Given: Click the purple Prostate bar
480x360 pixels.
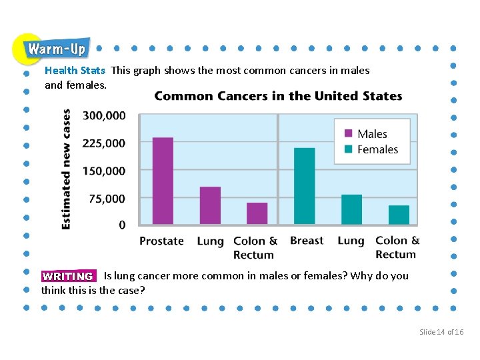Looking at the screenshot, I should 163,181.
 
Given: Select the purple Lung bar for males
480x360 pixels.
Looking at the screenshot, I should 210,205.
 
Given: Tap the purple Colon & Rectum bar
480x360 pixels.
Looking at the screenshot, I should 257,213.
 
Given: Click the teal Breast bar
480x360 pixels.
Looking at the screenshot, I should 304,186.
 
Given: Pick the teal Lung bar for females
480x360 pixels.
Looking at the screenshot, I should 351,209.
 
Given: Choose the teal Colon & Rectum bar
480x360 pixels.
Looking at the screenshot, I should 399,215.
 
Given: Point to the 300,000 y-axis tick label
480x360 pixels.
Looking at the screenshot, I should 104,115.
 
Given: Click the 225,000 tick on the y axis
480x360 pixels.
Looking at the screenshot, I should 104,143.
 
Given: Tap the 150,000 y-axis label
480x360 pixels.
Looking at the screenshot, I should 104,171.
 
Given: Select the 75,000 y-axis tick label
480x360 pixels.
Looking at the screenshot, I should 107,198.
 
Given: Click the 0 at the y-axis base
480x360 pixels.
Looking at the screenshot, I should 122,225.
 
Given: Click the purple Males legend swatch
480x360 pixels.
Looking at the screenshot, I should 348,134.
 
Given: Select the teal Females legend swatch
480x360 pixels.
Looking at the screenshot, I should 348,149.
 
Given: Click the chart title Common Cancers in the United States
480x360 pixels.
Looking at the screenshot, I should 278,96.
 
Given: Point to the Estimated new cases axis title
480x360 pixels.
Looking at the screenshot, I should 67,169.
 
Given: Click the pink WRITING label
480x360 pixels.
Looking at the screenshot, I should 68,276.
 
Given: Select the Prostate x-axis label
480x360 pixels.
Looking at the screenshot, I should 161,241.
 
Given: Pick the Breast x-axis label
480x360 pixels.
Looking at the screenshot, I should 307,241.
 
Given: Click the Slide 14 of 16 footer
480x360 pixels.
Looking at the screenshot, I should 441,332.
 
